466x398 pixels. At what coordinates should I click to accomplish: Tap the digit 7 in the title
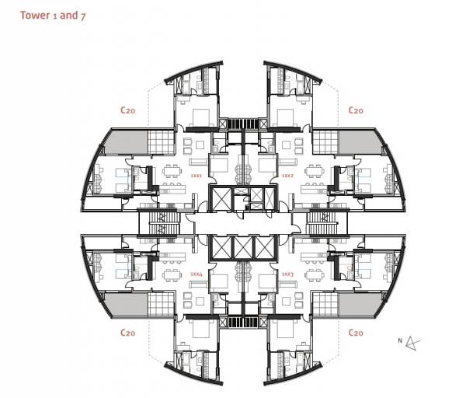click(83, 16)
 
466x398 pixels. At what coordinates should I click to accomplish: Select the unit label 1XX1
click(196, 176)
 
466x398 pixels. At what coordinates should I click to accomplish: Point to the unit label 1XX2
click(287, 176)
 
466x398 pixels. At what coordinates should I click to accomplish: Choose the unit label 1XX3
click(287, 274)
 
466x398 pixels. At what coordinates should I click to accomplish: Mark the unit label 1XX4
click(196, 274)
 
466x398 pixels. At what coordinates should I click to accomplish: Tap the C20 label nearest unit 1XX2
click(356, 110)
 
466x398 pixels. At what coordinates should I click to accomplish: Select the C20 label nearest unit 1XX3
click(356, 332)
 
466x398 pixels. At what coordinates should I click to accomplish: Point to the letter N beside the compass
click(400, 340)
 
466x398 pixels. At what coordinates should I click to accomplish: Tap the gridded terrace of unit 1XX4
click(158, 305)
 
